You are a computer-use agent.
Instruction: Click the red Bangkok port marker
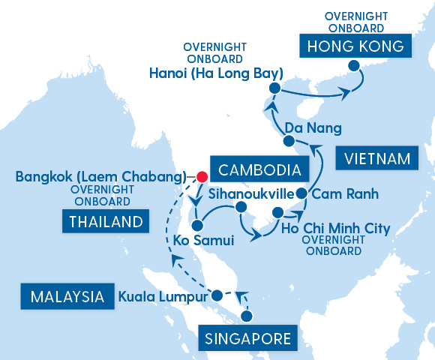(202, 178)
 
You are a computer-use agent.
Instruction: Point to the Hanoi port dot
(274, 89)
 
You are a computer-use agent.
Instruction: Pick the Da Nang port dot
(289, 141)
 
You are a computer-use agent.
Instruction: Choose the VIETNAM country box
(378, 158)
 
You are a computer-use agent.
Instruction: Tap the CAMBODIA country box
(250, 169)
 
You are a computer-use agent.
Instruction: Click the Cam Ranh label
(344, 194)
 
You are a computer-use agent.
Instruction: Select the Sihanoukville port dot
(241, 206)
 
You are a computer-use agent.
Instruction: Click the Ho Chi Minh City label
(335, 228)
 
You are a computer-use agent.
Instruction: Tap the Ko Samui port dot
(197, 225)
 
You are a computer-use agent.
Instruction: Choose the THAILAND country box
(105, 221)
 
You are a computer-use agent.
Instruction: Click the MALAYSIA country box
(67, 297)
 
